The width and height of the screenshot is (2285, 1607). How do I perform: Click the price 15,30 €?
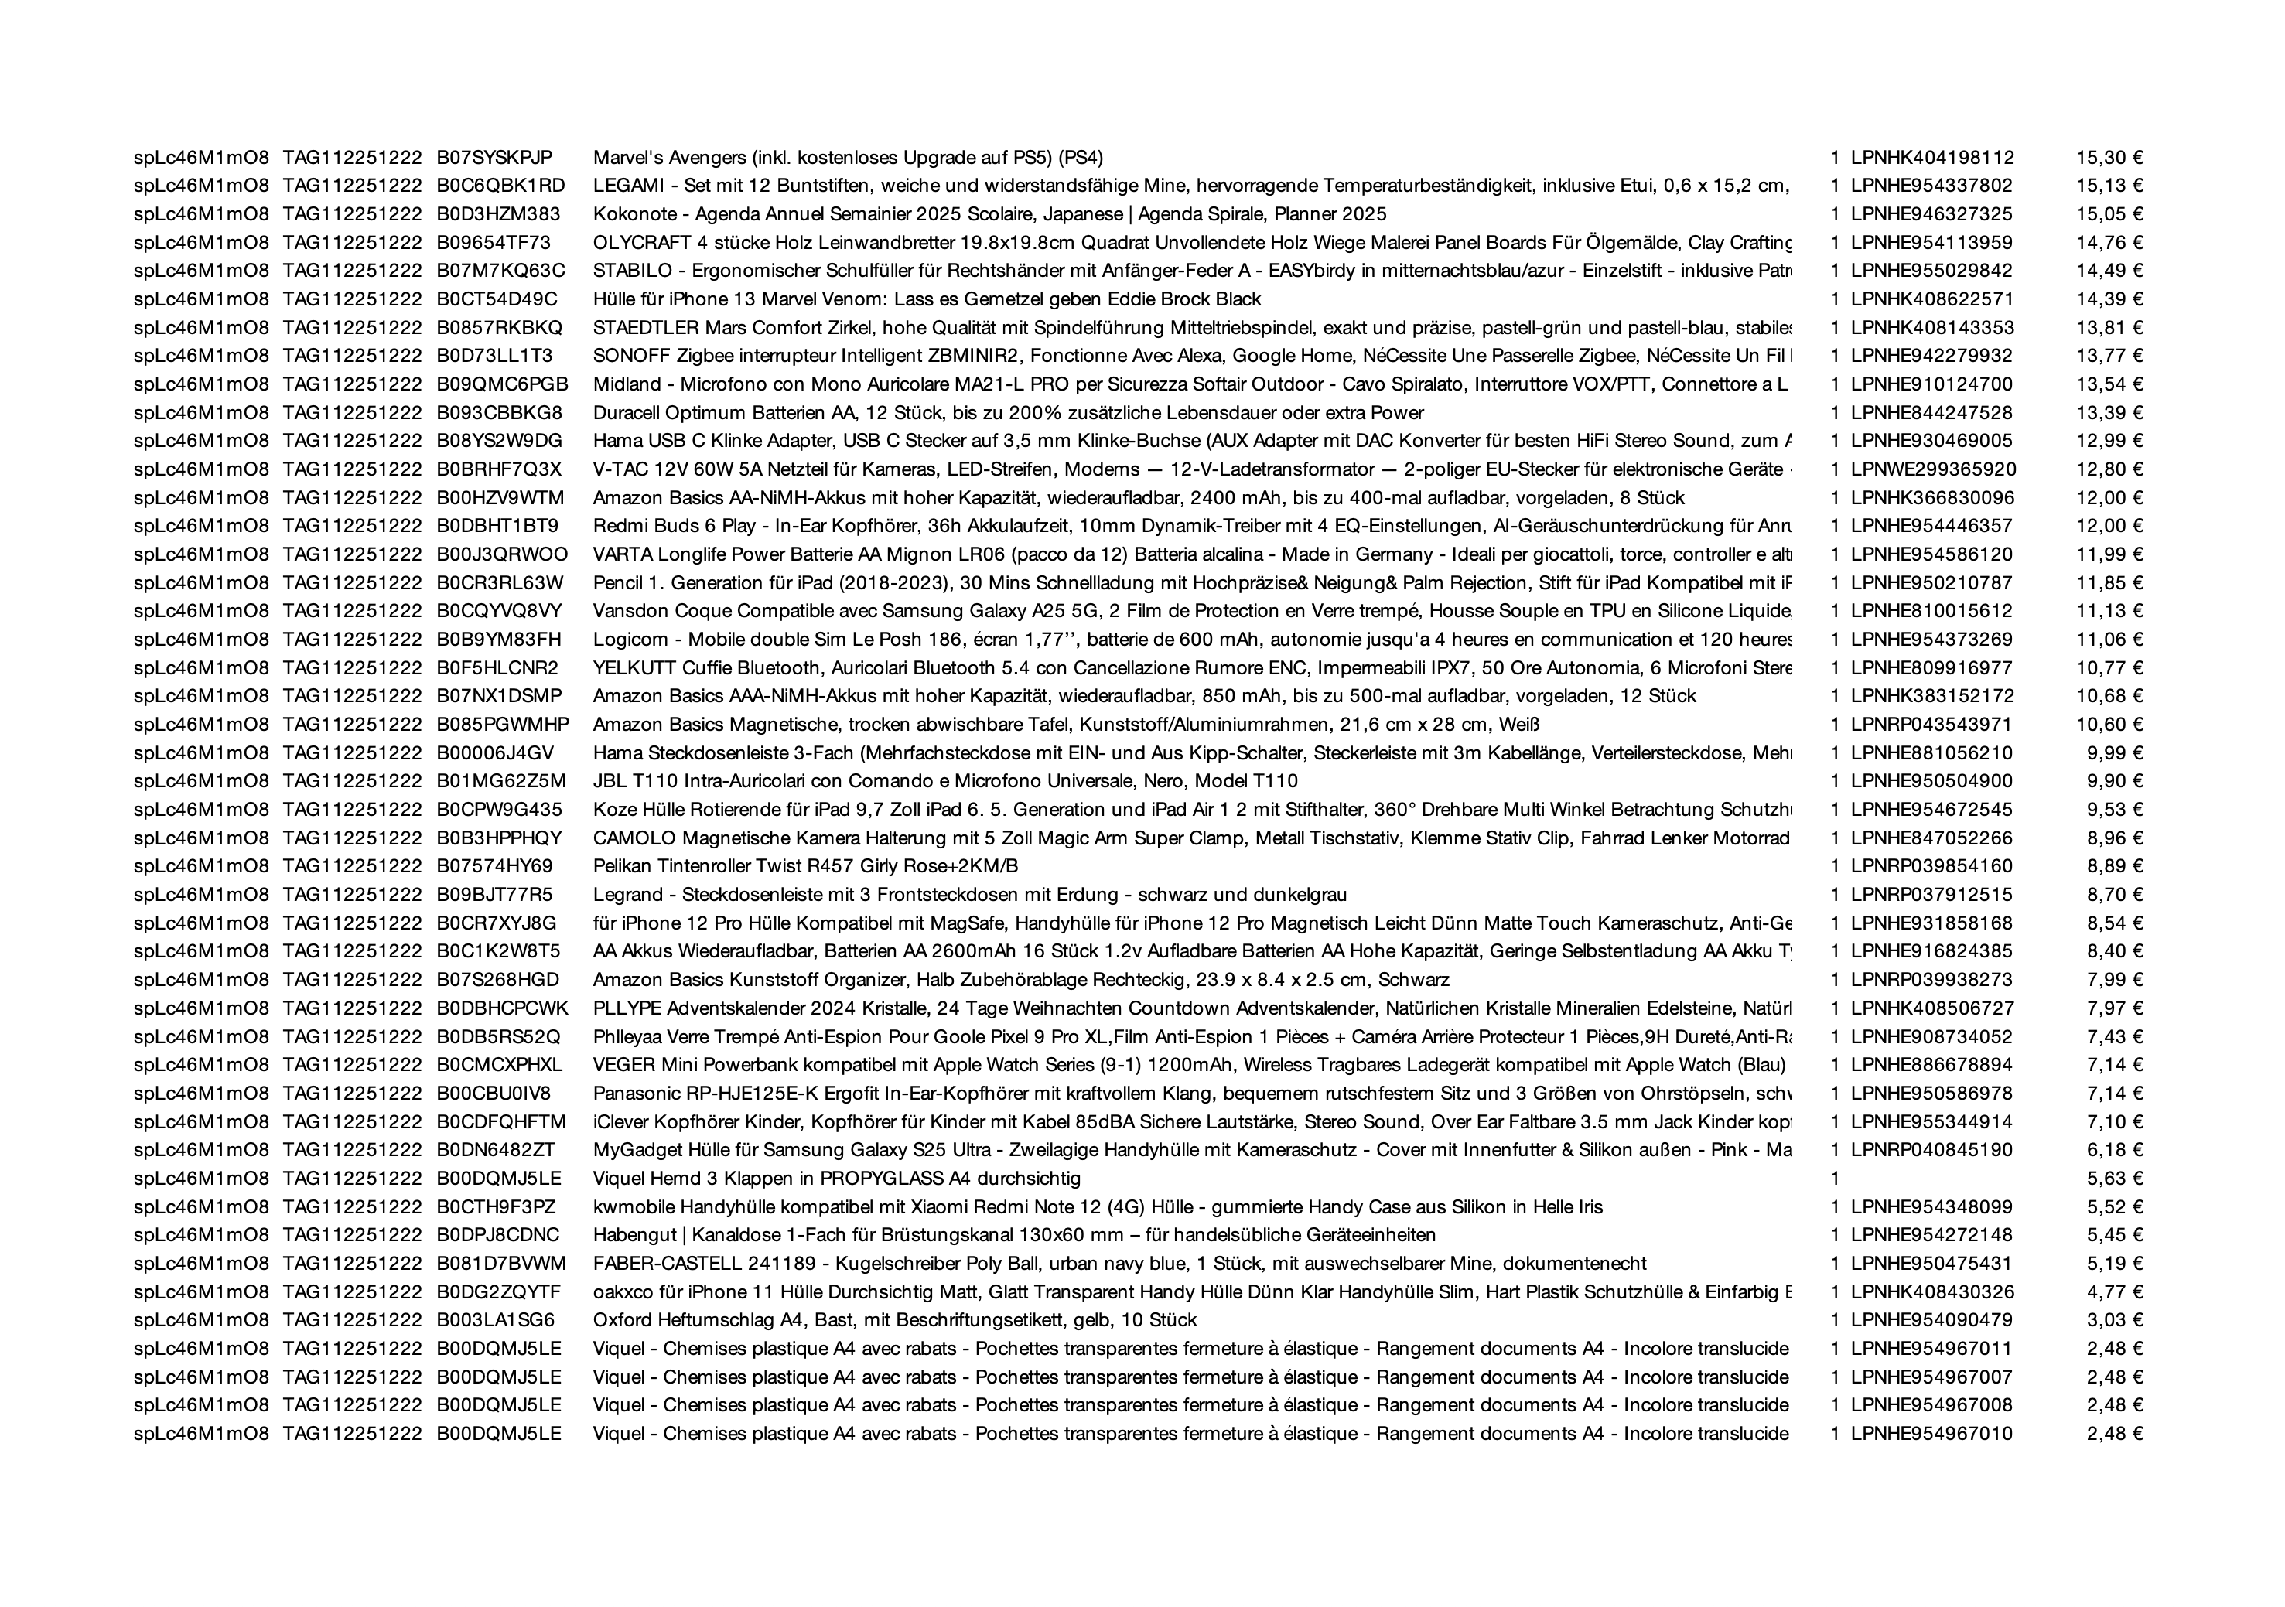coord(2108,157)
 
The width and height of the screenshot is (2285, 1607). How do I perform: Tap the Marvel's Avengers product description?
coord(848,157)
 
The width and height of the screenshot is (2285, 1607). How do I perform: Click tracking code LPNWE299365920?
coord(1933,469)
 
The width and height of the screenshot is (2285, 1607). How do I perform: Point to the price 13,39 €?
coord(2108,412)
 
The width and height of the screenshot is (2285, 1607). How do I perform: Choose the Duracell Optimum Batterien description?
coord(1008,412)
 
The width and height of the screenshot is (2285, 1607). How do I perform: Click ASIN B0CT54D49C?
coord(497,299)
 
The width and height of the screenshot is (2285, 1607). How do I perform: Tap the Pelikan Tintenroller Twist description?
coord(805,865)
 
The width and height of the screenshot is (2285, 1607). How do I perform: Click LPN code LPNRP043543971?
coord(1931,723)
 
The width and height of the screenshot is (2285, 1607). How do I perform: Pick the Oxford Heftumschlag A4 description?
coord(895,1319)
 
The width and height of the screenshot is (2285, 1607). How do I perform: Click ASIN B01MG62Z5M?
coord(500,780)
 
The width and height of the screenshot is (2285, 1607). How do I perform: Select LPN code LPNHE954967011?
coord(1931,1348)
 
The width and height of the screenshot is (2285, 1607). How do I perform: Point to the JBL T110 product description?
coord(945,780)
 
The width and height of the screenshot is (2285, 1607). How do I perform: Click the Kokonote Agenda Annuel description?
coord(989,214)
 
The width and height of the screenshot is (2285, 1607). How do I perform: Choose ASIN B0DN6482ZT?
coord(496,1149)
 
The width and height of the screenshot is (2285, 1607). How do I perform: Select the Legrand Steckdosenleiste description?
coord(969,893)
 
